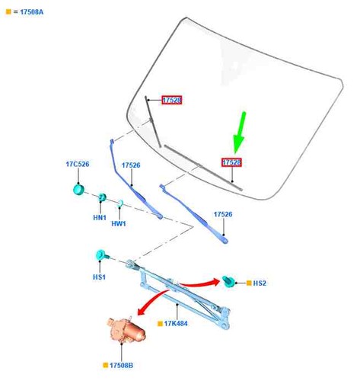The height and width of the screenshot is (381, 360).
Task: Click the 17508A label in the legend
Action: coord(32,12)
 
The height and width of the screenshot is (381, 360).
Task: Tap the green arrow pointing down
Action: coord(239,133)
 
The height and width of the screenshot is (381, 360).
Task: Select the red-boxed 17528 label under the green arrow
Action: coord(231,162)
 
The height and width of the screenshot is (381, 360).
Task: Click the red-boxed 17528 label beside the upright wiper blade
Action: coord(172,100)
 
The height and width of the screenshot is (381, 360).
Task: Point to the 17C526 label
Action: coord(78,164)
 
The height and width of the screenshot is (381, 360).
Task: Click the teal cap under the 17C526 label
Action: coord(78,190)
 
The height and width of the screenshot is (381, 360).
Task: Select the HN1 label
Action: coord(100,218)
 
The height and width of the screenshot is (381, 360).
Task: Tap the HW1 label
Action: coord(119,224)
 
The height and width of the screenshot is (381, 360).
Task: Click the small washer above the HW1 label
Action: coord(120,203)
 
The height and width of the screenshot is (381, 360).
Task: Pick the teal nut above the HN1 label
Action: coord(102,197)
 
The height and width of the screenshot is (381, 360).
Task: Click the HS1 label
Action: coord(99,277)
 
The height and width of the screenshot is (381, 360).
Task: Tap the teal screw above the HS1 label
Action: coord(102,255)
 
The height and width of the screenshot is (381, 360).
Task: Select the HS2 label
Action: coord(260,283)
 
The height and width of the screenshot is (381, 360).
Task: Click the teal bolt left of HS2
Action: coord(229,281)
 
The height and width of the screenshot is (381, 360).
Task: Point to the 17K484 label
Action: coord(176,324)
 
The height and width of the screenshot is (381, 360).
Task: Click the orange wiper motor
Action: coord(126,330)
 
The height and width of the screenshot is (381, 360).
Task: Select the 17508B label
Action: coord(121,366)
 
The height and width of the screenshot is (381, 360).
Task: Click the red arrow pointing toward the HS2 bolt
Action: coord(200,283)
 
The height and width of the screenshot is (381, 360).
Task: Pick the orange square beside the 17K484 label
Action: coord(160,324)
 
